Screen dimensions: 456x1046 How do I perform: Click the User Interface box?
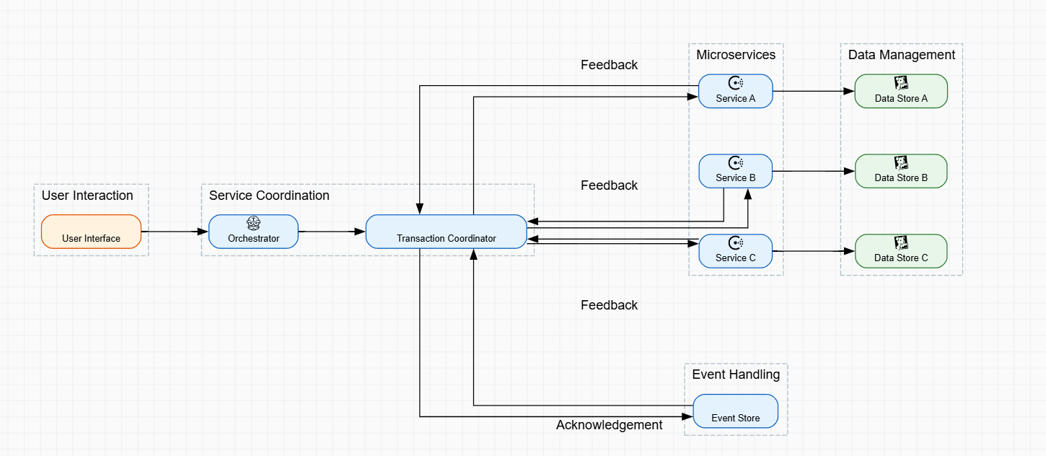tap(91, 232)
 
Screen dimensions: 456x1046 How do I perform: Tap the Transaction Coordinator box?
tap(446, 232)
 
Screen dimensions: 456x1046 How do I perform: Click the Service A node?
tap(735, 92)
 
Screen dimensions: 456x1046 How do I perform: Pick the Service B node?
tap(735, 172)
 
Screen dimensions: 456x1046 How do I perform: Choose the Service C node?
tap(735, 252)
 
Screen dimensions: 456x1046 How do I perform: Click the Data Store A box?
tap(900, 92)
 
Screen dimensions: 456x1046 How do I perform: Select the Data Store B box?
tap(900, 172)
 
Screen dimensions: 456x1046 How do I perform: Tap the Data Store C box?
tap(900, 252)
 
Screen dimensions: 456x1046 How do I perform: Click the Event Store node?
tap(735, 411)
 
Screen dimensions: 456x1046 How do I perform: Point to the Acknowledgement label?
tap(609, 425)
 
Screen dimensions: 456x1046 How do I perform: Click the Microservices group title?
tap(736, 55)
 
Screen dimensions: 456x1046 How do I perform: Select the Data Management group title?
tap(901, 55)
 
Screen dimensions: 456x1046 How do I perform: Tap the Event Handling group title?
tap(736, 374)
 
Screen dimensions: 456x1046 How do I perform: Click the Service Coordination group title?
tap(269, 196)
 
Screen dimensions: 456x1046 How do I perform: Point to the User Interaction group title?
tap(87, 196)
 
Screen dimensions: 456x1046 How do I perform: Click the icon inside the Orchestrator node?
tap(253, 223)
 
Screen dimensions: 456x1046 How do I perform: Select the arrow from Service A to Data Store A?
tap(813, 92)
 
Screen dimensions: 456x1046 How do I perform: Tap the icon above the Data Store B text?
tap(901, 163)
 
